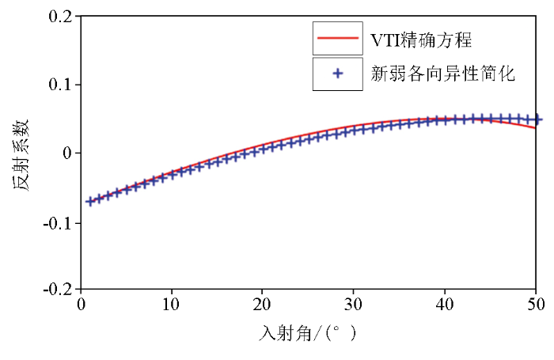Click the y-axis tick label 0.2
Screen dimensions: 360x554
[59, 17]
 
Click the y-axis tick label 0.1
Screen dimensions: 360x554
[59, 85]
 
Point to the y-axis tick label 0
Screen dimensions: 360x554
[66, 153]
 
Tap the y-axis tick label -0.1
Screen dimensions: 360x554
[56, 222]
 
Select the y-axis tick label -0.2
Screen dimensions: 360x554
[56, 290]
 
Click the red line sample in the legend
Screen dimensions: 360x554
[338, 38]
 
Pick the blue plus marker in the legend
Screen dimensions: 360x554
[338, 74]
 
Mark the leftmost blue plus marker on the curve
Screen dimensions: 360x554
[89, 201]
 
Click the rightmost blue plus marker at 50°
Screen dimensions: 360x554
[537, 120]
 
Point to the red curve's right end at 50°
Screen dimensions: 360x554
[536, 127]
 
